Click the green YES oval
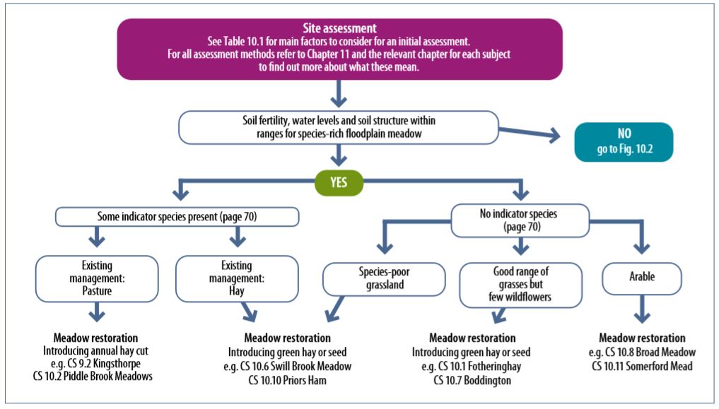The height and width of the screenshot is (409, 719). pos(339,183)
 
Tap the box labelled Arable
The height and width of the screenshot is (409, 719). pos(642,278)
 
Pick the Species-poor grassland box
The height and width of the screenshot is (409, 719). pos(384,278)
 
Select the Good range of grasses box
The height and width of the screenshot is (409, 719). pos(520,284)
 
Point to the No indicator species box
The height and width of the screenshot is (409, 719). pos(520,220)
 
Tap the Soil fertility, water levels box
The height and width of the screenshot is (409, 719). pos(340,126)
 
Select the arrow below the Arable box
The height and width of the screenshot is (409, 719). pos(642,310)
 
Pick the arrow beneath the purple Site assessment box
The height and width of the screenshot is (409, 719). pos(339,93)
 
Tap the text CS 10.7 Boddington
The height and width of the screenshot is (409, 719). pos(472,379)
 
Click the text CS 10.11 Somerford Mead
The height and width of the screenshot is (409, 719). pos(642,365)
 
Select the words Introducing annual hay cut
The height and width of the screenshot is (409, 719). pos(97,350)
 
